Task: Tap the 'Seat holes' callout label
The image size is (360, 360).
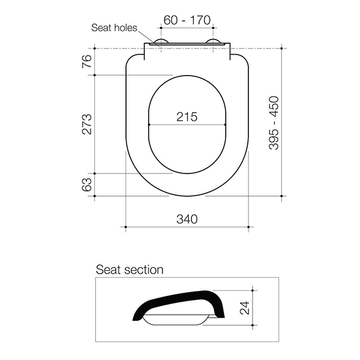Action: [x=113, y=27]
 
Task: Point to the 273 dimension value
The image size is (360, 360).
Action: [x=87, y=124]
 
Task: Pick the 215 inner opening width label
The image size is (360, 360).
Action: [x=186, y=117]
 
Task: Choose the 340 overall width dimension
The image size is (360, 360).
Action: [x=186, y=219]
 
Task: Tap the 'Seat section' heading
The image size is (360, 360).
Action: [x=130, y=269]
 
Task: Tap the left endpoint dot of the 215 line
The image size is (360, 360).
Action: [x=148, y=125]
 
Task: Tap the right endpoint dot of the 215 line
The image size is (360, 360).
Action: [x=224, y=125]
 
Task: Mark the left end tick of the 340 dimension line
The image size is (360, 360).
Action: [x=125, y=227]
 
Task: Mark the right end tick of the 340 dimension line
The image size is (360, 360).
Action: [x=248, y=227]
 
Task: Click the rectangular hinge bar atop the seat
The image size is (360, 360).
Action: [x=186, y=46]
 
